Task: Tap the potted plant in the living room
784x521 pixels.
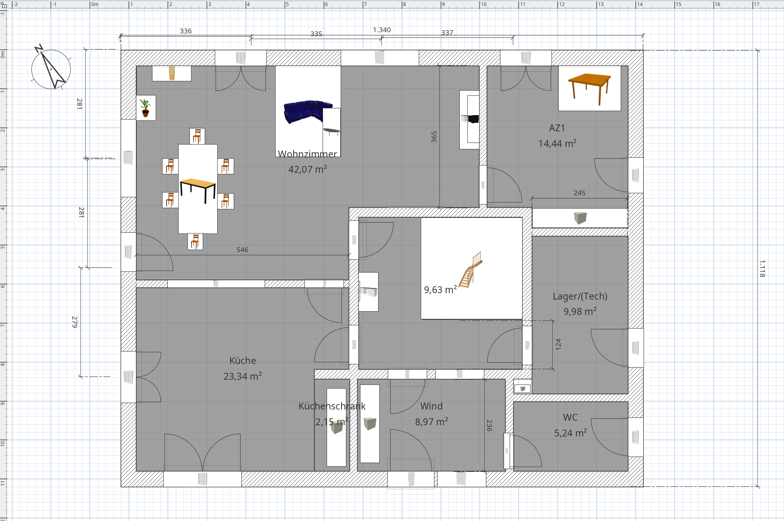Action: point(146,108)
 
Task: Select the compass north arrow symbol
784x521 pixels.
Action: point(51,68)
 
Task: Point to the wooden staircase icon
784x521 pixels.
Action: point(471,270)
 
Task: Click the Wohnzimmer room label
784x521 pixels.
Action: point(307,154)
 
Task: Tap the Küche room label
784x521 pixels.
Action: point(243,360)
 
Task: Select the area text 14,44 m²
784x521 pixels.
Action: point(557,143)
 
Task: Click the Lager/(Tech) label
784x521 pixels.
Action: point(580,296)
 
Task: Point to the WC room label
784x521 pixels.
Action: point(570,418)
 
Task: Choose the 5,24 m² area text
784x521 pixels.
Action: point(570,433)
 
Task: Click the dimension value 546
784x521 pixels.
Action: point(242,250)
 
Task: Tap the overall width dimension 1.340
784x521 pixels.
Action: point(382,30)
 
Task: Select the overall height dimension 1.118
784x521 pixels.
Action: point(762,269)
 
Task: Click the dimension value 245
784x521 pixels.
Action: point(579,193)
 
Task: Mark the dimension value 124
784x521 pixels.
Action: point(558,344)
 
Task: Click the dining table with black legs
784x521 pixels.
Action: point(198,190)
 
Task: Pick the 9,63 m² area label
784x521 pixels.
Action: point(440,289)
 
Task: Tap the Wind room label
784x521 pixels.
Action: point(431,406)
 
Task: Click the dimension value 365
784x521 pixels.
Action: point(434,137)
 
